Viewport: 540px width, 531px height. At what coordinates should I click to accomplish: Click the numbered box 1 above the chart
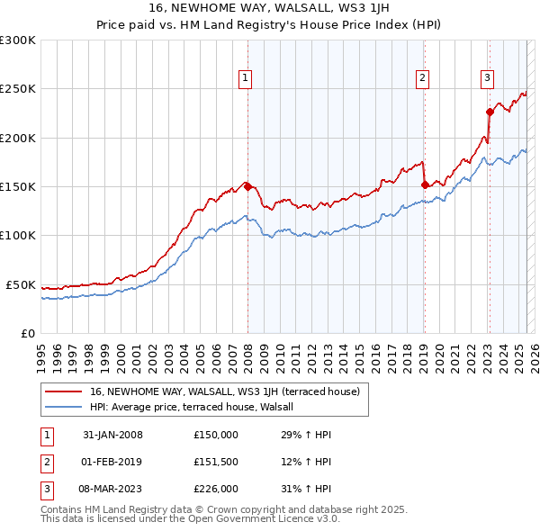pyautogui.click(x=245, y=79)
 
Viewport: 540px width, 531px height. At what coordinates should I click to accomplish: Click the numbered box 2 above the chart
pyautogui.click(x=422, y=79)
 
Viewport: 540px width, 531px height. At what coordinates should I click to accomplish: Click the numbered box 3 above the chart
pyautogui.click(x=487, y=79)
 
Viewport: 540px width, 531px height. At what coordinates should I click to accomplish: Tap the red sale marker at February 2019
pyautogui.click(x=424, y=184)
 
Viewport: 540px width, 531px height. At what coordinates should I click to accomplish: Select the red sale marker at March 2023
pyautogui.click(x=490, y=112)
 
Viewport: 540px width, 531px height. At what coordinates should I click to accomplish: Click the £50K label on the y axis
pyautogui.click(x=22, y=284)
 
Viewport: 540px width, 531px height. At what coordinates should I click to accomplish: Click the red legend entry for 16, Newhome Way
pyautogui.click(x=225, y=391)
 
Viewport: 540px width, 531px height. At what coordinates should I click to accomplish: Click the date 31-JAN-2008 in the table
pyautogui.click(x=112, y=435)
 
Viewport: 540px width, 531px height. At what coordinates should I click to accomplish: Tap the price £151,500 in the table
pyautogui.click(x=216, y=462)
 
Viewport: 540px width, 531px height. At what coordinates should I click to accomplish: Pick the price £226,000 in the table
pyautogui.click(x=216, y=489)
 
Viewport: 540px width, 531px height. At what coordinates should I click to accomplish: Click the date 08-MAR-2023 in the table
pyautogui.click(x=112, y=489)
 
